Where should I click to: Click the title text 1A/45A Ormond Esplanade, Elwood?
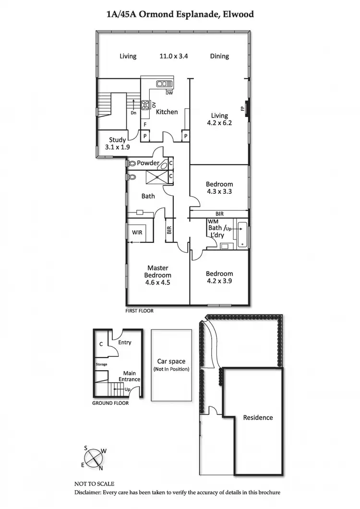(x=180, y=14)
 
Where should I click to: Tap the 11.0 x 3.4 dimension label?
(x=174, y=56)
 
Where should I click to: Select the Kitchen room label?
(x=167, y=112)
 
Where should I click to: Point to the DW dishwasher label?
(x=169, y=93)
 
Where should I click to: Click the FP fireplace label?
(x=242, y=108)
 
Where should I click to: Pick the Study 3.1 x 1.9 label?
(x=117, y=143)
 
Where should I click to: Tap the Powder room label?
(x=148, y=163)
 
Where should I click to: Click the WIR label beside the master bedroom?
(x=137, y=233)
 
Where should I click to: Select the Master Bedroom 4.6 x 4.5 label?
(x=157, y=275)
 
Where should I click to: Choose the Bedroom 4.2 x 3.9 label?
(x=219, y=277)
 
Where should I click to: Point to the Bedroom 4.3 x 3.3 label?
(x=219, y=188)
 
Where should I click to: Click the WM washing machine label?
(x=213, y=222)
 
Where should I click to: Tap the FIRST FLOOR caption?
(x=140, y=311)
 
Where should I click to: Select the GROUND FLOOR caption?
(x=110, y=403)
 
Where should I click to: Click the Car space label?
(x=171, y=365)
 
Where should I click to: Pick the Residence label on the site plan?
(x=258, y=417)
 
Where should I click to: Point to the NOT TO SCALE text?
(x=94, y=484)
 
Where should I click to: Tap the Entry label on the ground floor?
(x=124, y=343)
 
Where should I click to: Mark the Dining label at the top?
(x=219, y=56)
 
